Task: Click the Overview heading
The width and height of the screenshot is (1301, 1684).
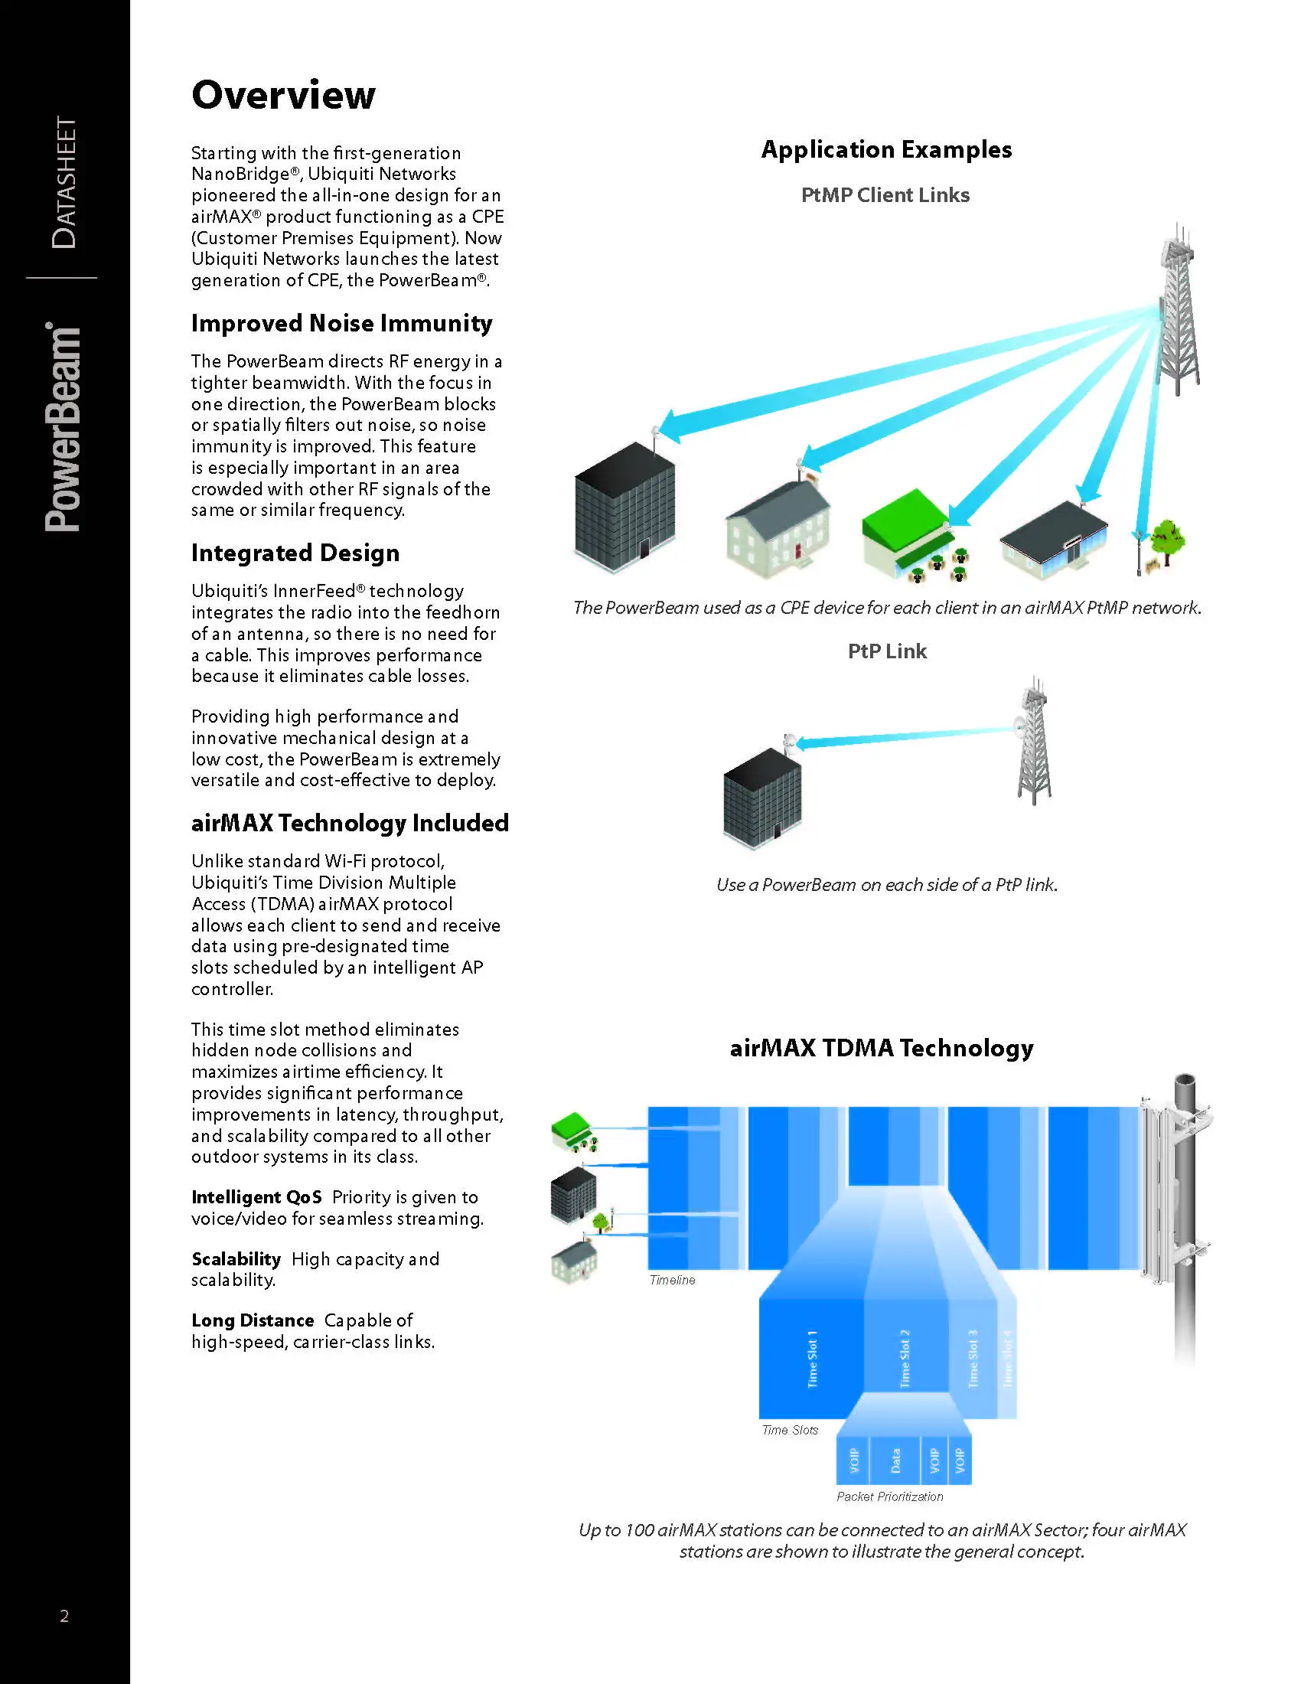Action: coord(283,96)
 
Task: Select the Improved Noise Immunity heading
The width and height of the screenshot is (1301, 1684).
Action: coord(341,323)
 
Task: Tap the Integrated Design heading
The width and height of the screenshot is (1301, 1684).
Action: coord(295,553)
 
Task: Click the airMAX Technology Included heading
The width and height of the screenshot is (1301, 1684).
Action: coord(350,823)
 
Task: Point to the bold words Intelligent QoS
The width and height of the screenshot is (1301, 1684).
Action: coord(256,1197)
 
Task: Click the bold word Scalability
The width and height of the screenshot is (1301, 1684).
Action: coord(236,1259)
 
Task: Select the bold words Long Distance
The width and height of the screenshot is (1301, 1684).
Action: coord(252,1321)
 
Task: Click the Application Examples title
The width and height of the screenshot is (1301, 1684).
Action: coord(886,149)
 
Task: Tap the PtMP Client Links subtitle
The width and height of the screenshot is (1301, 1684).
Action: coord(885,195)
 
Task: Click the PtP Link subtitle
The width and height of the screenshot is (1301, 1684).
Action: coord(886,651)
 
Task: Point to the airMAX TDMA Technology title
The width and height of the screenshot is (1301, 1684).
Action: coord(881,1048)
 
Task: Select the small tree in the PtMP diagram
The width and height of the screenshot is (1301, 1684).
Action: coord(1167,539)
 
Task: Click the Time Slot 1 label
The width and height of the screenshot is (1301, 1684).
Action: coord(811,1359)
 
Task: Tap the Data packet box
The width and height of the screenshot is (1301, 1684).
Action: coord(895,1460)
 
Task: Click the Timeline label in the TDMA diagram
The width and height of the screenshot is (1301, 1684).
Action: coord(672,1280)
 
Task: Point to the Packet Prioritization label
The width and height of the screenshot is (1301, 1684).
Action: coord(889,1496)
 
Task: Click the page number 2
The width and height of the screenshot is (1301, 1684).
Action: coord(65,1616)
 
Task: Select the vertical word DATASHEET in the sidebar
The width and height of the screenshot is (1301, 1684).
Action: coord(65,183)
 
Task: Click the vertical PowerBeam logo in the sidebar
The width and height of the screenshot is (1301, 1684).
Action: coord(64,428)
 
